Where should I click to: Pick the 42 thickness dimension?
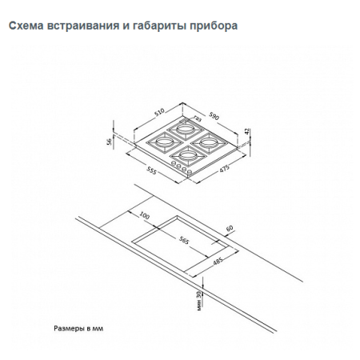click(x=248, y=130)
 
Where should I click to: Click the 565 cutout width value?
click(x=184, y=239)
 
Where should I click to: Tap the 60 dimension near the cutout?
click(x=231, y=229)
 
